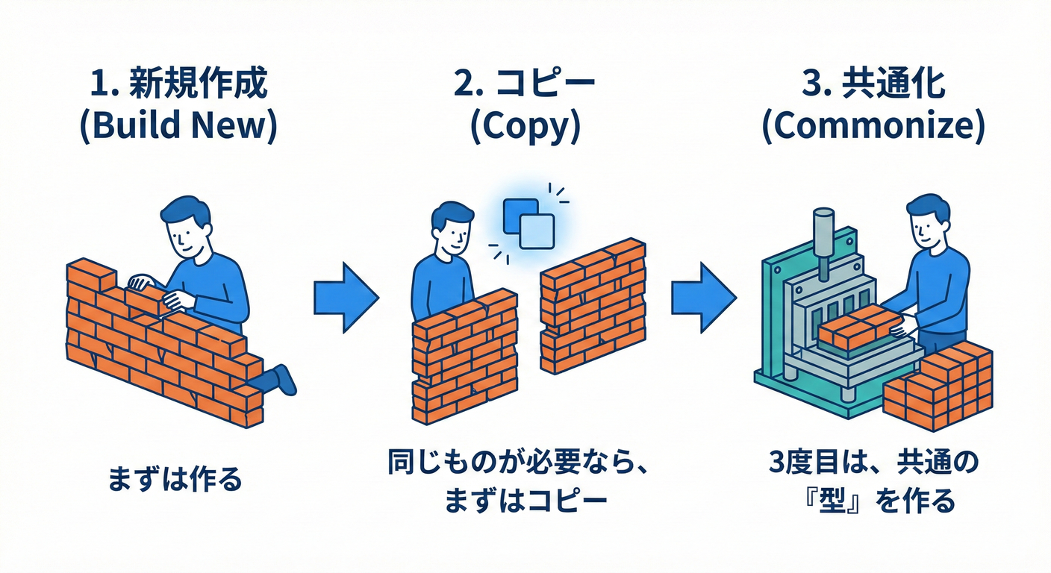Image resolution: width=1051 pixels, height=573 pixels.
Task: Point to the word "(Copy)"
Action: click(525, 127)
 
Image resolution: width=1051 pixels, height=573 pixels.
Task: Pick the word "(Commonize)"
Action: click(873, 127)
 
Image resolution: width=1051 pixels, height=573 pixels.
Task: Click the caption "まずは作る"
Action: click(175, 479)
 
